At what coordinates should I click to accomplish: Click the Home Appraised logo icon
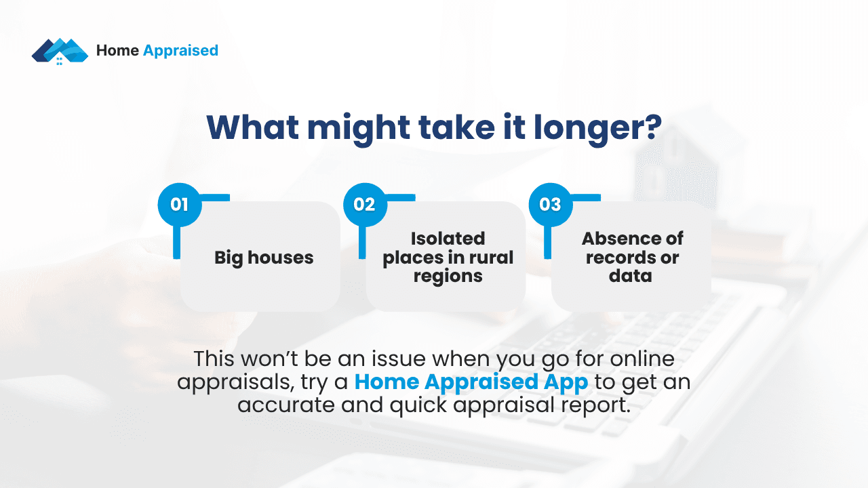coord(60,51)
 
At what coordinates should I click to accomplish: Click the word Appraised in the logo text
coord(180,50)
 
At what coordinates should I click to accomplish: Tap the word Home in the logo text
coord(117,50)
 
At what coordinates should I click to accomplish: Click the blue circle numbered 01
coord(180,204)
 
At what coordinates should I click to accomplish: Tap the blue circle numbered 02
coord(365,204)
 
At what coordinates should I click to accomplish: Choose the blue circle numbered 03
coord(550,204)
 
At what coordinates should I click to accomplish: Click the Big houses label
coord(264,258)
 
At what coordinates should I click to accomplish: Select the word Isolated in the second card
coord(448,239)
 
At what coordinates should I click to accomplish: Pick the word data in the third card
coord(630,276)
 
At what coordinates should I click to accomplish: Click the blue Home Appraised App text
coord(471,382)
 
